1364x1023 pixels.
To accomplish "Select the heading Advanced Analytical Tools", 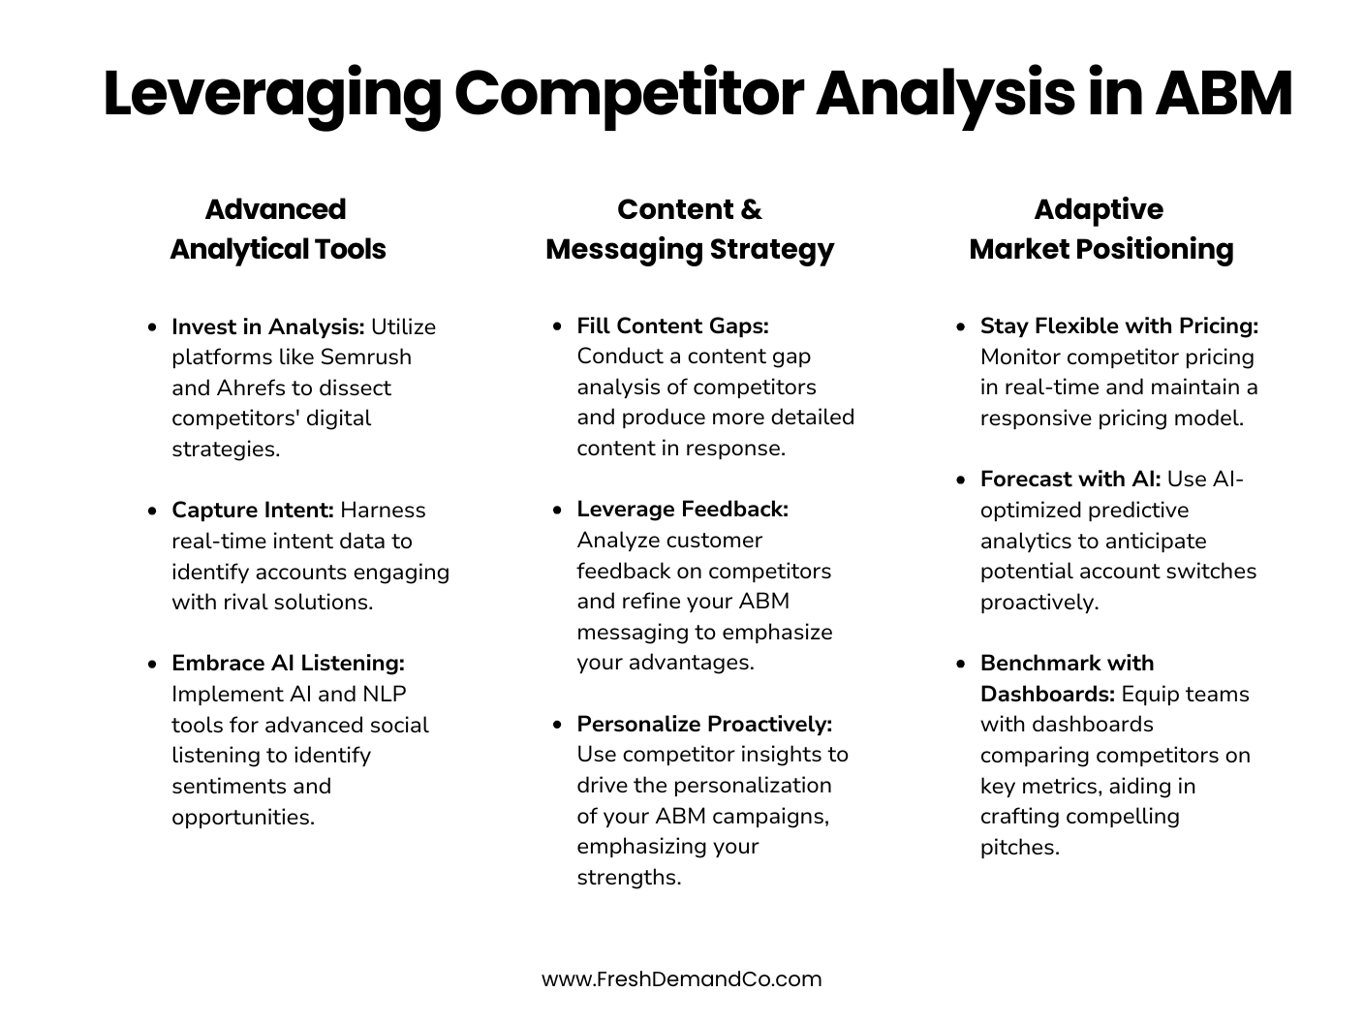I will coord(277,229).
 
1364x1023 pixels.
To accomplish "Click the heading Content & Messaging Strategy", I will coord(690,229).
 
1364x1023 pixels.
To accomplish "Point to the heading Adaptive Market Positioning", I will coord(1100,229).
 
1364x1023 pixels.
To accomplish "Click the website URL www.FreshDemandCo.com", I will coord(681,978).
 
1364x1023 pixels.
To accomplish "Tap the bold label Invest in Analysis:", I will coord(267,326).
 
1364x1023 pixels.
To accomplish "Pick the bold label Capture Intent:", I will coord(252,510).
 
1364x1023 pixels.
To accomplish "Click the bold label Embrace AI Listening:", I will coord(288,663).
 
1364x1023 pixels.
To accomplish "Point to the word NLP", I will coord(385,694).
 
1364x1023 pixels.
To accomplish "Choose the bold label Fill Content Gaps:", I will coord(672,325).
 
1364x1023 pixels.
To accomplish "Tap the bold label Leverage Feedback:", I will coord(682,509).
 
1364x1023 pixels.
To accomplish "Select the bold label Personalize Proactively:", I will coord(704,724).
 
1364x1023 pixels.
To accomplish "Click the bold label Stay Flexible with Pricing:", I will coord(1119,325).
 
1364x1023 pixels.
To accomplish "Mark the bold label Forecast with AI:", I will coord(1069,479).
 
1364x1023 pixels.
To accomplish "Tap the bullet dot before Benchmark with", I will coord(960,664).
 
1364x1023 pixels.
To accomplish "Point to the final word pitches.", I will coord(1019,847).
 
